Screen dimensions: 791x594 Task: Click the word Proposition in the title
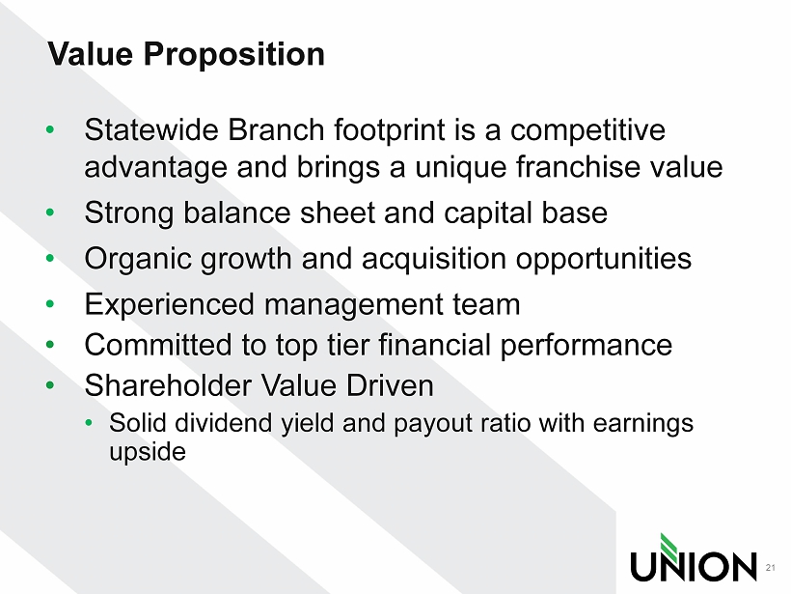[234, 55]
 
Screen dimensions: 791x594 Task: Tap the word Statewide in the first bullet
[151, 129]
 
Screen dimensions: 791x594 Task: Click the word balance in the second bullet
[236, 212]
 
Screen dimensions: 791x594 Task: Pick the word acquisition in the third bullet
[434, 260]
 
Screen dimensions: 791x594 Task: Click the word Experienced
[169, 305]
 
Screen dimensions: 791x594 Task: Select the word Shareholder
[168, 386]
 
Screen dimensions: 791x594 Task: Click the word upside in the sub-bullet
[148, 452]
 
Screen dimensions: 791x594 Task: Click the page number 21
[771, 567]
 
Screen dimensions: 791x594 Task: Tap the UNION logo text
[694, 567]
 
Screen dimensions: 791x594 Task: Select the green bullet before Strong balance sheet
[49, 212]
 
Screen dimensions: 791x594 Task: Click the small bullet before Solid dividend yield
[89, 423]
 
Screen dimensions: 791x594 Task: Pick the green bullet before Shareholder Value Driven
[49, 385]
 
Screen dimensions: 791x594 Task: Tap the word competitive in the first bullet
[587, 130]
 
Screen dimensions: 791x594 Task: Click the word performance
[586, 346]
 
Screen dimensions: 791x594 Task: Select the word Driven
[390, 386]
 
